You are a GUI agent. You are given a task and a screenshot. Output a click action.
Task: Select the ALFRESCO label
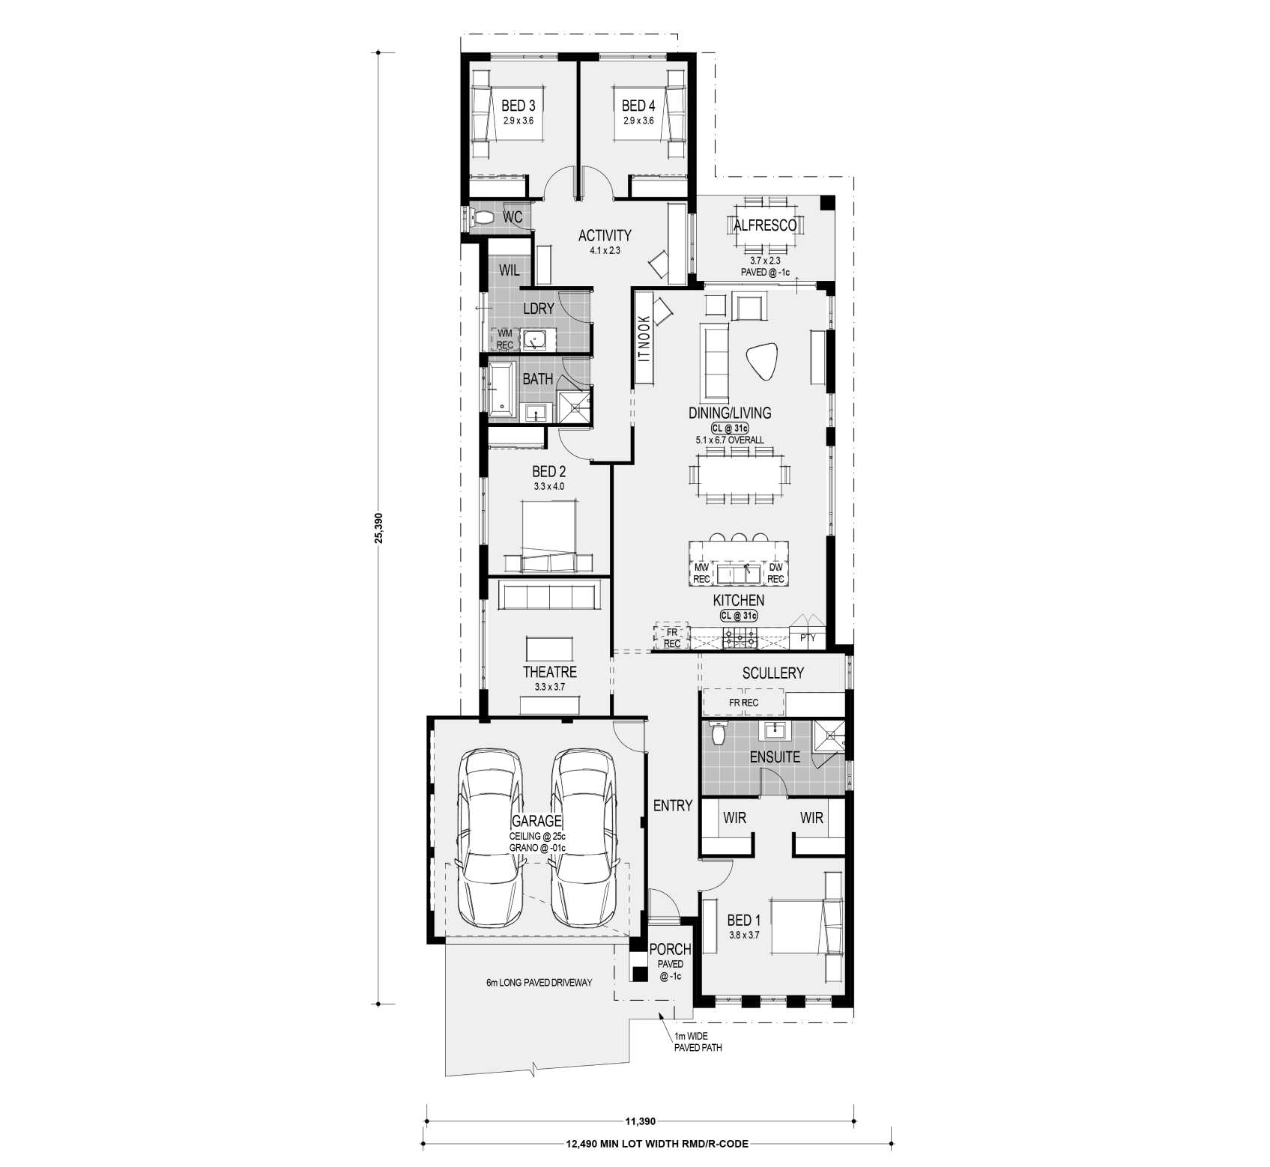pos(764,225)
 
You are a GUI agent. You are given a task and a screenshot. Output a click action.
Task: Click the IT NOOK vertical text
pos(643,339)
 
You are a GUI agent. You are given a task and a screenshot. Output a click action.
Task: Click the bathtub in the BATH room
pos(501,388)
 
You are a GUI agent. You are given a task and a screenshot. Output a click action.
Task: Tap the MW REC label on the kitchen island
pos(702,574)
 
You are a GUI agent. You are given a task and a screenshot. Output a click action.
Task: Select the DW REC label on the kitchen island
pos(775,574)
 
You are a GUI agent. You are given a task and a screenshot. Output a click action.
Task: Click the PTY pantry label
pos(808,638)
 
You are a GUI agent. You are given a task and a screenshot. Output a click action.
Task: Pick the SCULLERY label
pos(773,673)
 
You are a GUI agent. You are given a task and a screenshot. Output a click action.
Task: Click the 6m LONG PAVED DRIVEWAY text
pos(539,982)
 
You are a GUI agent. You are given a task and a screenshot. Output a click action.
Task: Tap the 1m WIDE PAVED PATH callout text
pos(698,1042)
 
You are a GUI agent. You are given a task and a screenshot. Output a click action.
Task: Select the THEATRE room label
pos(550,672)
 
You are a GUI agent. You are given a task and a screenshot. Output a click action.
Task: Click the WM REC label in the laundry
pos(504,339)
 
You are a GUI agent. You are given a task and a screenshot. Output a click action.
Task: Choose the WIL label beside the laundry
pos(509,270)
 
